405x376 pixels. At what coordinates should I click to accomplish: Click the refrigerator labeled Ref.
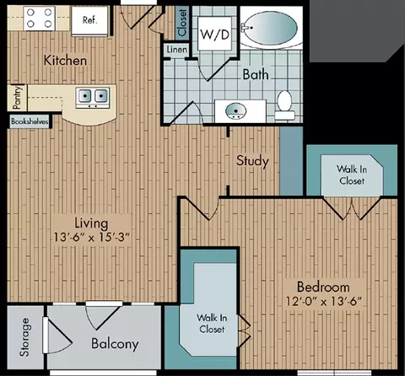[x=89, y=20]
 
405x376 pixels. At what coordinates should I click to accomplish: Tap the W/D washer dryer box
[x=215, y=34]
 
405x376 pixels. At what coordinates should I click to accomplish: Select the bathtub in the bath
[x=271, y=28]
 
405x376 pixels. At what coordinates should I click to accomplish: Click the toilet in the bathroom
[x=284, y=105]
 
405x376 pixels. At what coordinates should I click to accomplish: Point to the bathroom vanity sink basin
[x=235, y=110]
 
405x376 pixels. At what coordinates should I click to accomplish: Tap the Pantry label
[x=17, y=98]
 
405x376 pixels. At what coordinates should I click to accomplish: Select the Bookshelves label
[x=30, y=121]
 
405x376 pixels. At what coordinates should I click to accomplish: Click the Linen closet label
[x=177, y=50]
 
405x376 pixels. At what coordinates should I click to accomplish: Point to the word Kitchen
[x=65, y=61]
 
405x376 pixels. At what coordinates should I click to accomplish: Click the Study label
[x=252, y=161]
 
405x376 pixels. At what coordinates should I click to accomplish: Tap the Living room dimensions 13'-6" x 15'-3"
[x=91, y=238]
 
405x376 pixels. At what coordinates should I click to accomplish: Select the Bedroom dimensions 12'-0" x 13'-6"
[x=323, y=302]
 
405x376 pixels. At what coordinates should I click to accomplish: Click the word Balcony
[x=115, y=344]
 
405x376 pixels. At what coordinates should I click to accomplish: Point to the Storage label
[x=24, y=337]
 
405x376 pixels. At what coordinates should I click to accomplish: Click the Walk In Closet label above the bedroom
[x=352, y=175]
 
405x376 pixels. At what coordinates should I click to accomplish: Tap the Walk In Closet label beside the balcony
[x=212, y=324]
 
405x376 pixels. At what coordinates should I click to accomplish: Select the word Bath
[x=256, y=74]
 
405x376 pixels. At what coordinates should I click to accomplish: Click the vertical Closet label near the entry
[x=182, y=23]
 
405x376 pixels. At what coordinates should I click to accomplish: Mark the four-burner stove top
[x=40, y=19]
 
